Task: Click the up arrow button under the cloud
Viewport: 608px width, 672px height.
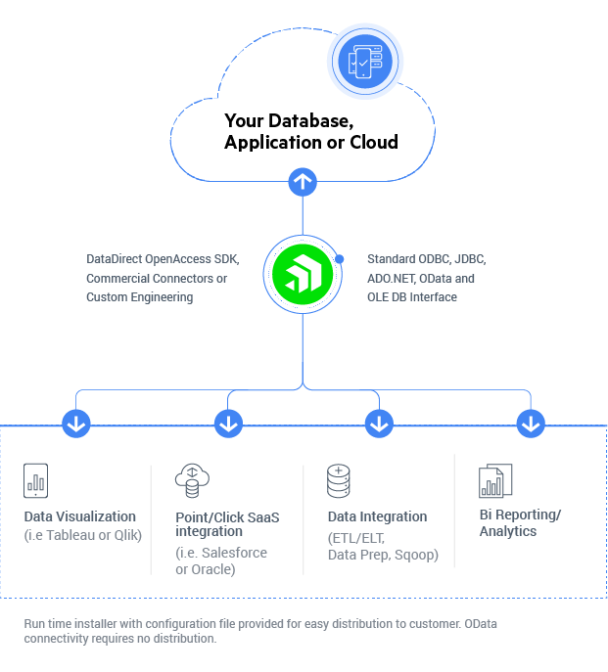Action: click(x=303, y=181)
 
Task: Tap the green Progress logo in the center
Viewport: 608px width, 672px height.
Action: click(x=303, y=272)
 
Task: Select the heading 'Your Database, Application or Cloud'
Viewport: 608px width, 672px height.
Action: click(x=310, y=132)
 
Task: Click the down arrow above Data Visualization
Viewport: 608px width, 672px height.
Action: click(x=76, y=425)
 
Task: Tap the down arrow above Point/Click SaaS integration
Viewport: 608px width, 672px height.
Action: click(x=228, y=425)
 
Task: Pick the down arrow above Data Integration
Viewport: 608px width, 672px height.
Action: click(x=379, y=425)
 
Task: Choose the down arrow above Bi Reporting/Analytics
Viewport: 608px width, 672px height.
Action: click(x=531, y=425)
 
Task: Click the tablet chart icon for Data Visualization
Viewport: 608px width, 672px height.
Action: click(x=36, y=480)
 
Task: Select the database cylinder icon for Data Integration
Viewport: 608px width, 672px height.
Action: click(x=339, y=480)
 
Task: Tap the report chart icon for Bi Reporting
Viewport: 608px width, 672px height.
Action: click(x=494, y=480)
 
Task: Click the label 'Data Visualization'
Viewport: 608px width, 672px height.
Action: click(x=80, y=516)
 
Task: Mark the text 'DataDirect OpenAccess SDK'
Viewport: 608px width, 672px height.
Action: click(x=162, y=259)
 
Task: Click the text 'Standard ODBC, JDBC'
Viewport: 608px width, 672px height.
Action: click(x=425, y=259)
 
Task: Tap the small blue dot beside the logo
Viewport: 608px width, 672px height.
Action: click(x=340, y=259)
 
